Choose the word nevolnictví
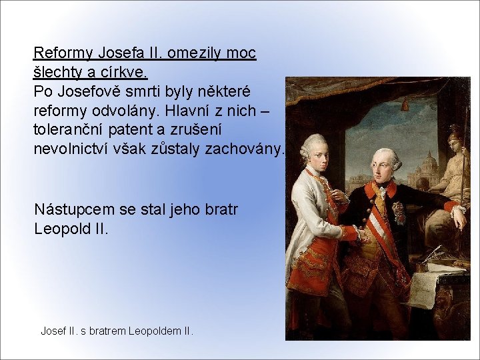point(73,148)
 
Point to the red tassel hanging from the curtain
point(404,105)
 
